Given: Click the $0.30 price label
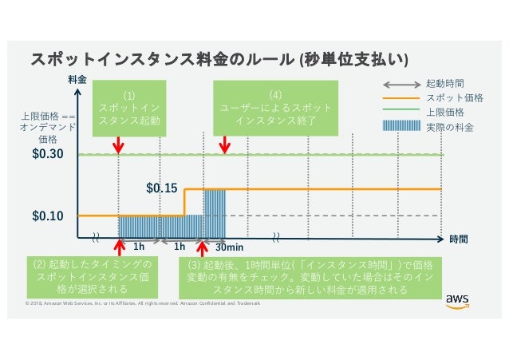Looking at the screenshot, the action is (49, 154).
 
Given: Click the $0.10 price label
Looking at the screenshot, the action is (49, 216).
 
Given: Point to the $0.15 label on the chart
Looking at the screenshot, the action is (162, 189).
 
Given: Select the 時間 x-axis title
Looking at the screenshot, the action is (458, 239).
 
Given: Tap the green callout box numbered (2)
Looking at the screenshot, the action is (93, 276).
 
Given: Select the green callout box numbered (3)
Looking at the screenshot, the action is (310, 276).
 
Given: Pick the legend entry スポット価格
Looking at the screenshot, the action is (448, 97).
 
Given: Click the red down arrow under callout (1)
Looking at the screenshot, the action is (119, 144).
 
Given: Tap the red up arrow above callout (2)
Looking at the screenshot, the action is (119, 247).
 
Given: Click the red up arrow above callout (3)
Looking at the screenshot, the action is (201, 247).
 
